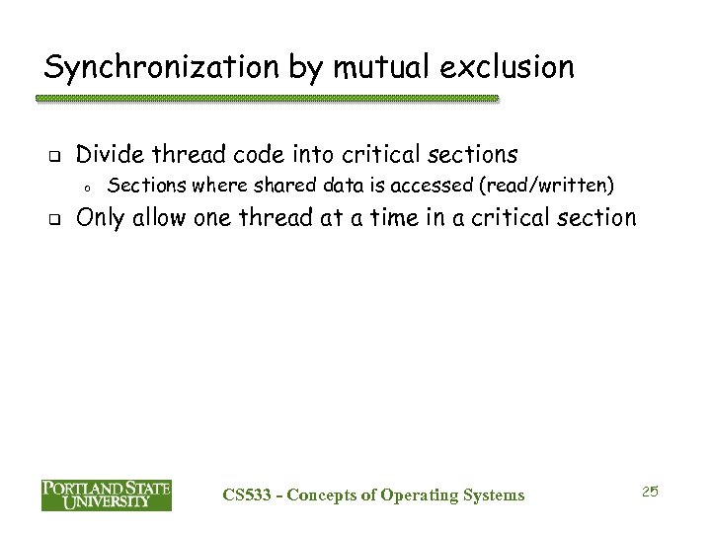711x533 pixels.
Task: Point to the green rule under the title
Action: (267, 100)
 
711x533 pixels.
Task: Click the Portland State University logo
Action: (106, 495)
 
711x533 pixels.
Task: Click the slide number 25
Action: (650, 491)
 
